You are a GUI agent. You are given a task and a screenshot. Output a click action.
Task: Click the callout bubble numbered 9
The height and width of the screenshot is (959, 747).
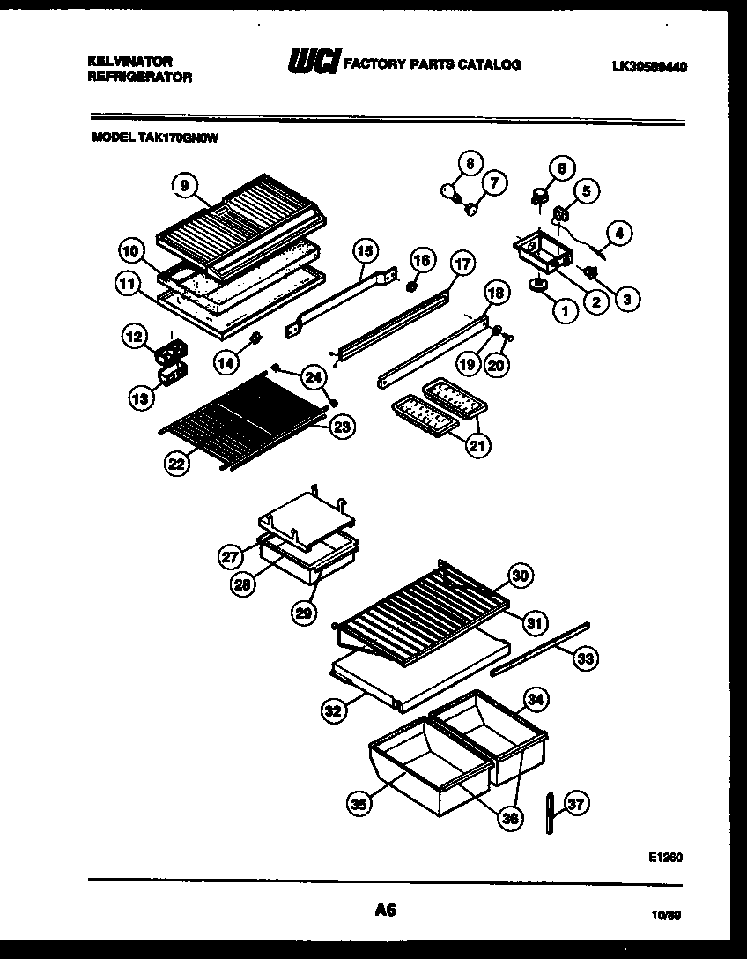point(183,185)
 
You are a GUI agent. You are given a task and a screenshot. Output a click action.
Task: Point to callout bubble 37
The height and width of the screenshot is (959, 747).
point(577,804)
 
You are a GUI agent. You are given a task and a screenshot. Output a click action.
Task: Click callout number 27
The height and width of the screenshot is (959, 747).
point(230,555)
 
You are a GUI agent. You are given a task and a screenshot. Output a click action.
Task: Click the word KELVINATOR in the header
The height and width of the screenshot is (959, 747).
point(130,61)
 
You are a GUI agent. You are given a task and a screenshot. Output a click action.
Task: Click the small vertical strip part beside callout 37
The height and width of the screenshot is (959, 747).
point(550,811)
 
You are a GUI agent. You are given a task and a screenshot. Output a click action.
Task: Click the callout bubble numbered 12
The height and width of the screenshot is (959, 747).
point(133,336)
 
